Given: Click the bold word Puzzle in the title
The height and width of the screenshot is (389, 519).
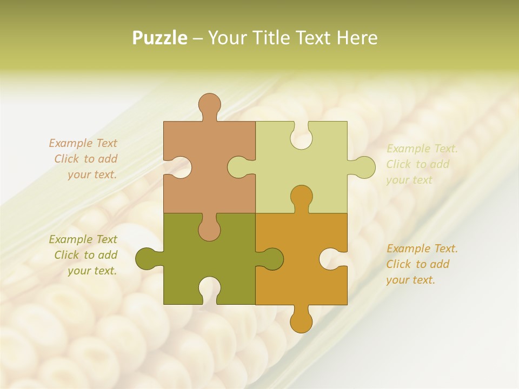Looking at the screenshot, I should tap(160, 38).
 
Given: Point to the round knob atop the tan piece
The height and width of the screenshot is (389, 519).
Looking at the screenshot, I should tap(209, 104).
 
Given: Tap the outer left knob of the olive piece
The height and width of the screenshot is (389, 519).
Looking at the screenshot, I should tap(146, 258).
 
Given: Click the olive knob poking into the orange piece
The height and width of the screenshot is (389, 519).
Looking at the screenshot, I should tap(272, 258).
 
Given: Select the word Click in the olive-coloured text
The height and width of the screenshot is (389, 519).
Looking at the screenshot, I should tap(66, 255).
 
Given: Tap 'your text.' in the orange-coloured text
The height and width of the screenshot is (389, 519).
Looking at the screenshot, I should tap(410, 280).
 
